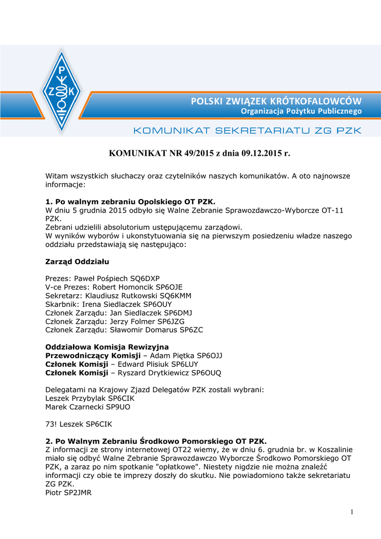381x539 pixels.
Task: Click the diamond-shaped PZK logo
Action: [62, 91]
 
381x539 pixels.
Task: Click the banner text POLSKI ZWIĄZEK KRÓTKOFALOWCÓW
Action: [276, 101]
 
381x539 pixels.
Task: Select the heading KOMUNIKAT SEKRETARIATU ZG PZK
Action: [247, 130]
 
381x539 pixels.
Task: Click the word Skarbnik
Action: [62, 304]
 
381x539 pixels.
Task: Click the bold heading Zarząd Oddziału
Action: [77, 261]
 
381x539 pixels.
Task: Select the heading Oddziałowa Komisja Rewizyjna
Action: [107, 347]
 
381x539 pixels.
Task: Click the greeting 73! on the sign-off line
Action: [52, 424]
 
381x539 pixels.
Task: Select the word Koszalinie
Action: [333, 450]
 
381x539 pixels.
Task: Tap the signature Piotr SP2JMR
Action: [68, 493]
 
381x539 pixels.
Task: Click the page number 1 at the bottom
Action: [352, 512]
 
